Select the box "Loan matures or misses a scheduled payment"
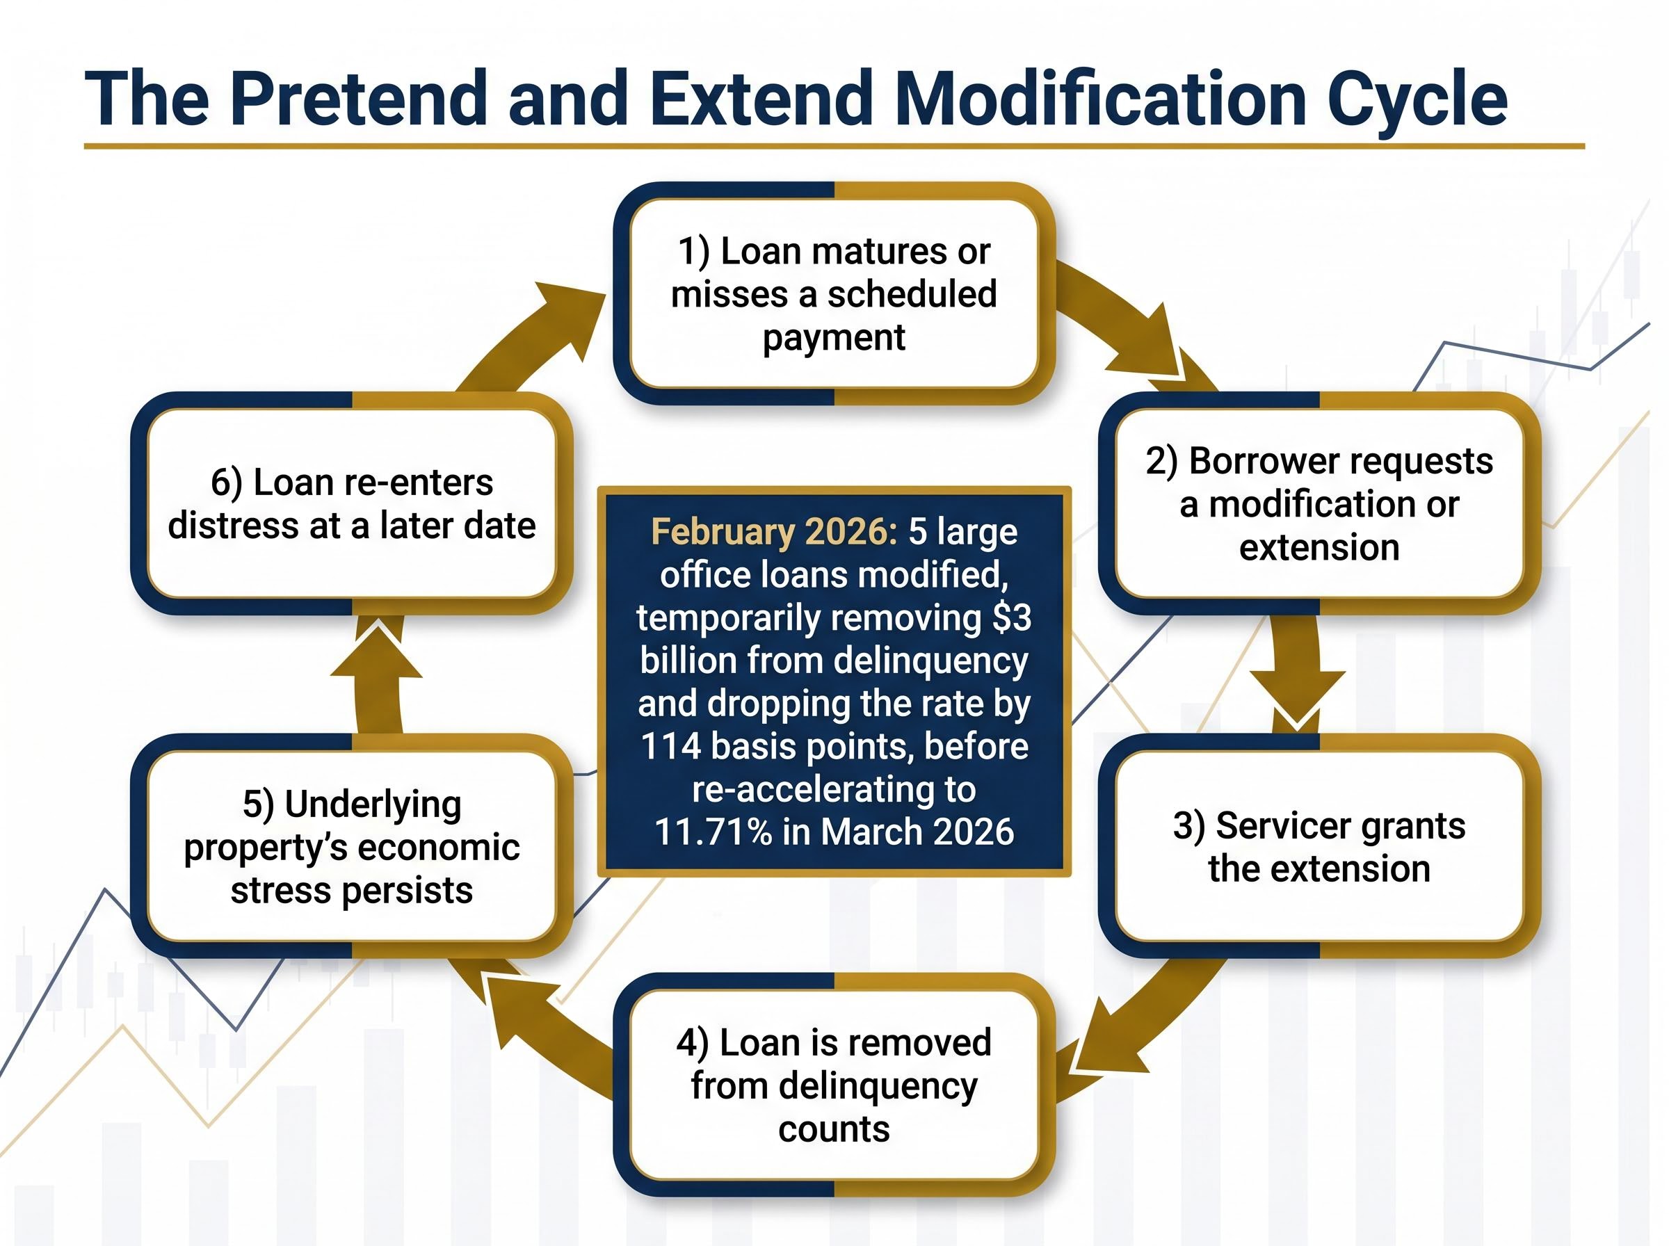833,293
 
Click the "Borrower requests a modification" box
1319,503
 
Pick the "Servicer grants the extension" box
1319,846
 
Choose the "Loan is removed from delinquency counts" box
833,1085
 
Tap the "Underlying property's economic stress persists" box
351,846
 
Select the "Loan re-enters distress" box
351,503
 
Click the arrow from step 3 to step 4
1131,1026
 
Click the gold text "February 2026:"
774,532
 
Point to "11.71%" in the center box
713,832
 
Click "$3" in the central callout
1011,617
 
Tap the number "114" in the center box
670,747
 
